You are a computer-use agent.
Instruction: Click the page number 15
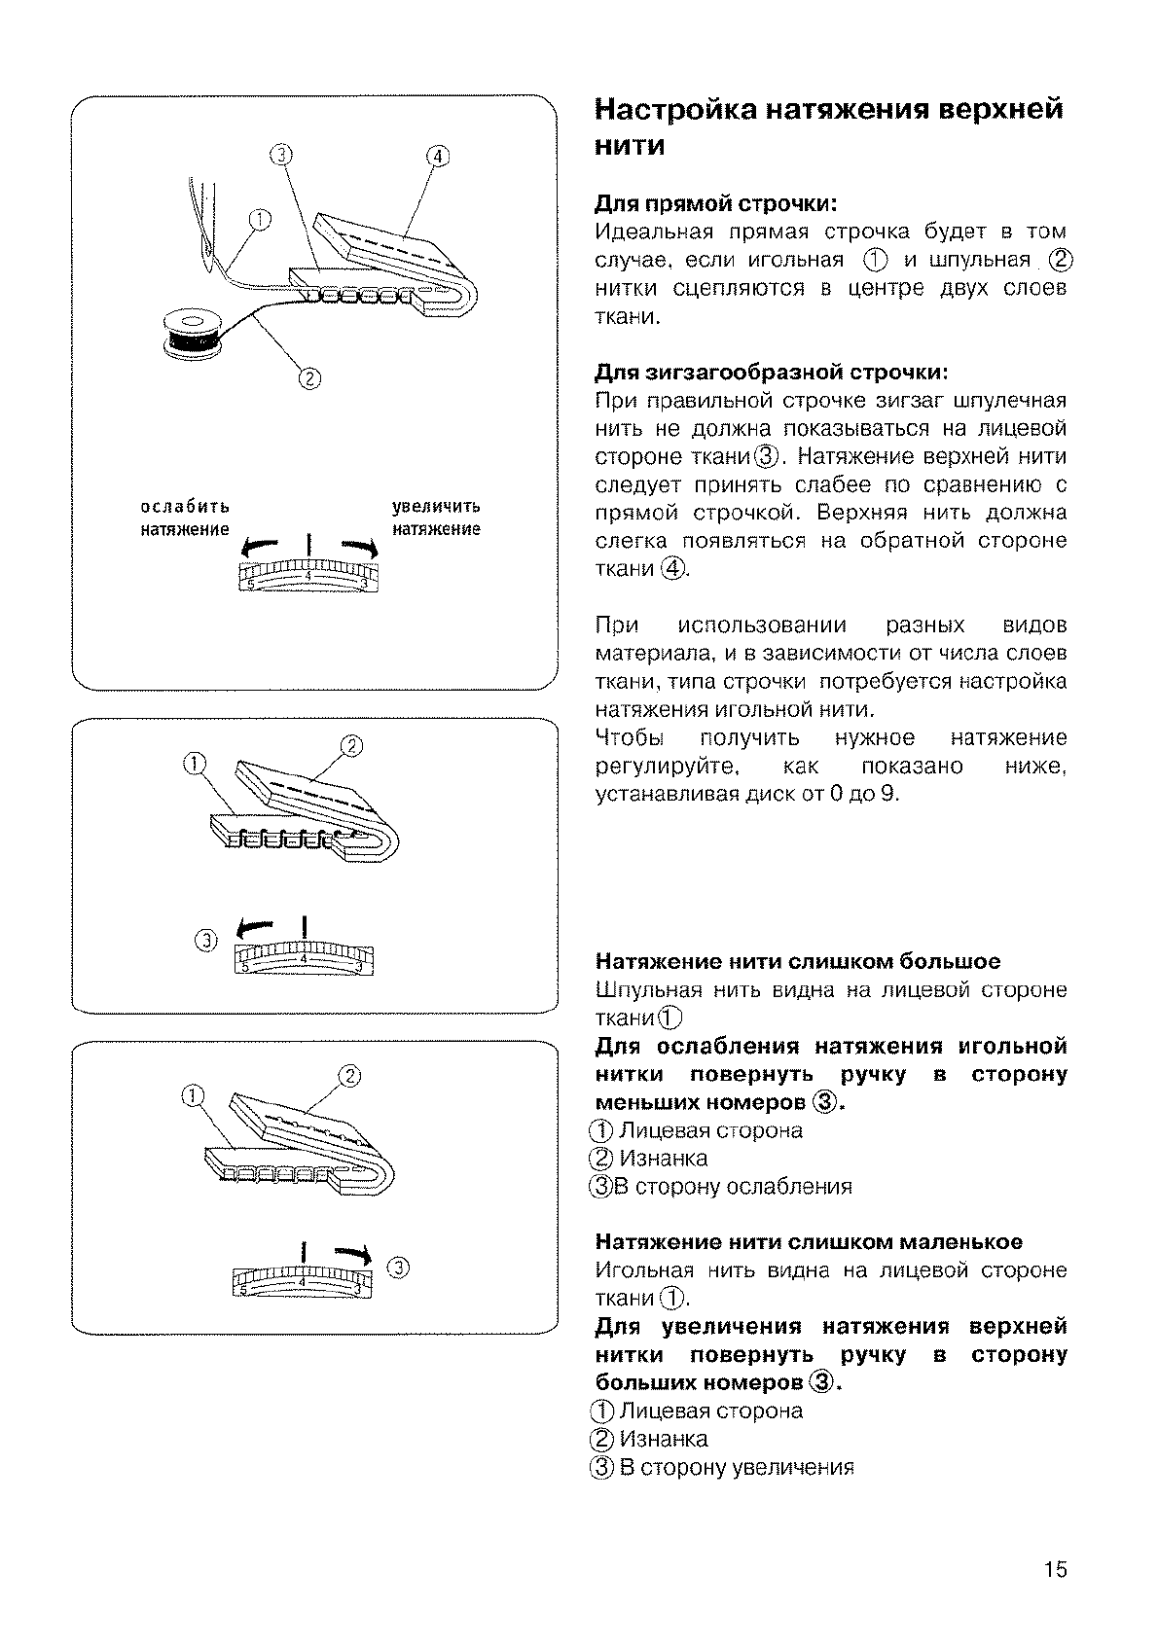[1056, 1569]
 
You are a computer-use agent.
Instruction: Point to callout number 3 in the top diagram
[280, 155]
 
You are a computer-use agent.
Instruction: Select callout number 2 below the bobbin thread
[309, 379]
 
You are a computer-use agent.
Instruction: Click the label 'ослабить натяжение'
[185, 518]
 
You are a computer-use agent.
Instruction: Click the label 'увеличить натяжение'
[436, 518]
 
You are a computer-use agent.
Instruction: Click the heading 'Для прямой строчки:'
[716, 204]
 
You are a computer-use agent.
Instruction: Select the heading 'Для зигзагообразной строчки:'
[771, 373]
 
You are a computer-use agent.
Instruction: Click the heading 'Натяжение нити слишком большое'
[797, 962]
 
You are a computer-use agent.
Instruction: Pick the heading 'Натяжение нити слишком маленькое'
[809, 1242]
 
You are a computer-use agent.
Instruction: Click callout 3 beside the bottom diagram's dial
[398, 1267]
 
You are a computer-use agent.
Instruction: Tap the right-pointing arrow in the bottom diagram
[351, 1255]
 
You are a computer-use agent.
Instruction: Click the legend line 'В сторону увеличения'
[736, 1467]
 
